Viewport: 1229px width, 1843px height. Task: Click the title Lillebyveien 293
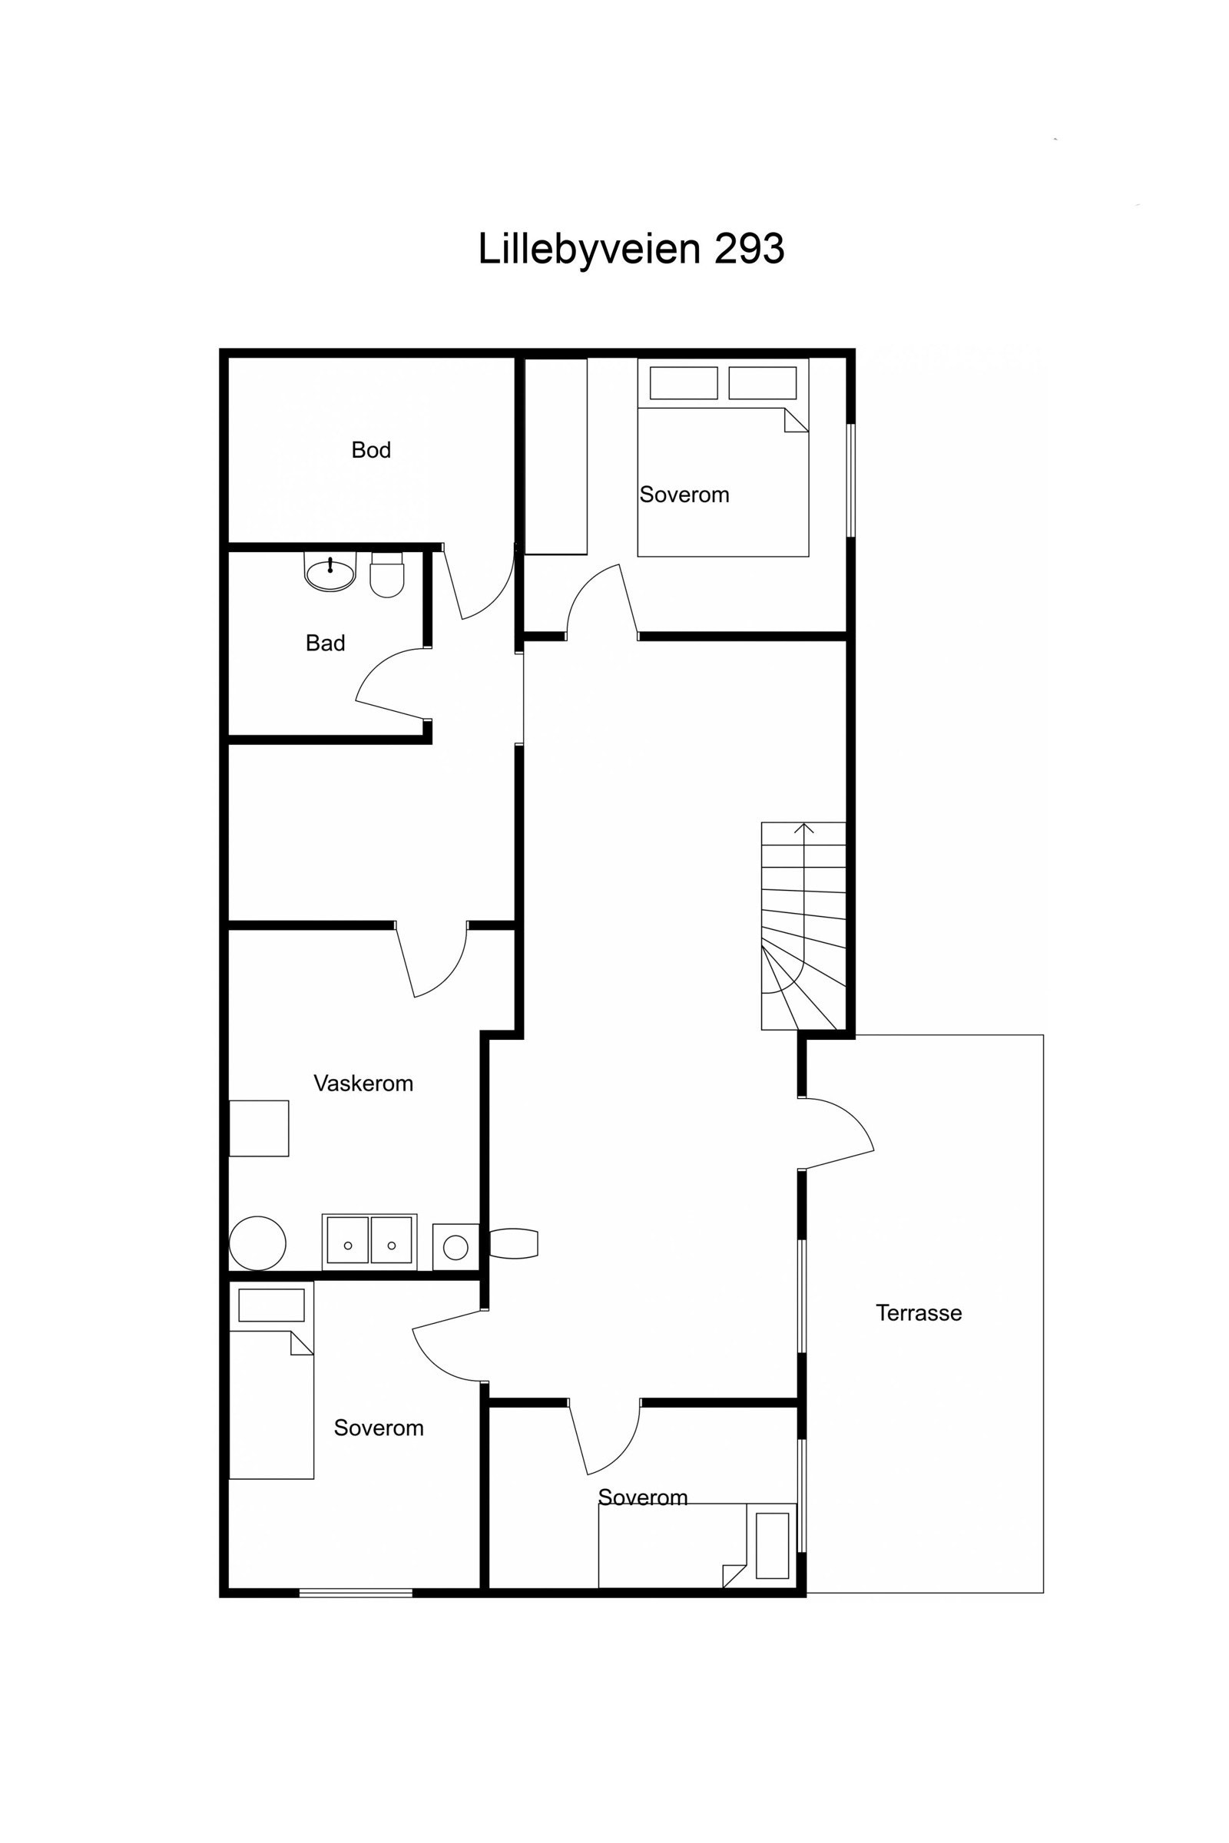click(631, 249)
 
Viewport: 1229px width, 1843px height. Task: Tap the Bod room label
click(371, 450)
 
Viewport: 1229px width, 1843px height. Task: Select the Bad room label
click(325, 644)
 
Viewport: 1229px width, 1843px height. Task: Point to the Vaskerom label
click(363, 1084)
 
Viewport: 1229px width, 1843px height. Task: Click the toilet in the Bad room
click(386, 576)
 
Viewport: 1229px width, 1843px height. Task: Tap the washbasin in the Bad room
click(330, 573)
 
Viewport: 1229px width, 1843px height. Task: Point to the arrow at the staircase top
click(803, 829)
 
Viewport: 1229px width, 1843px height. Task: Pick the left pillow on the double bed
click(683, 383)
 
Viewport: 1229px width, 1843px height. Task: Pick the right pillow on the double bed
click(762, 383)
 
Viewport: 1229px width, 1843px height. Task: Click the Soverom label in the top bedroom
click(684, 495)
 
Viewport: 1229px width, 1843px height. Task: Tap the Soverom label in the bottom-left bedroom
click(379, 1428)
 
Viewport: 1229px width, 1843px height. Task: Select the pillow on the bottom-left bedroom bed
click(271, 1305)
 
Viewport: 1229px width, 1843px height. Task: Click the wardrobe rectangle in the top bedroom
click(555, 456)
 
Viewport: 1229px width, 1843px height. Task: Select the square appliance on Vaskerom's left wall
click(259, 1128)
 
